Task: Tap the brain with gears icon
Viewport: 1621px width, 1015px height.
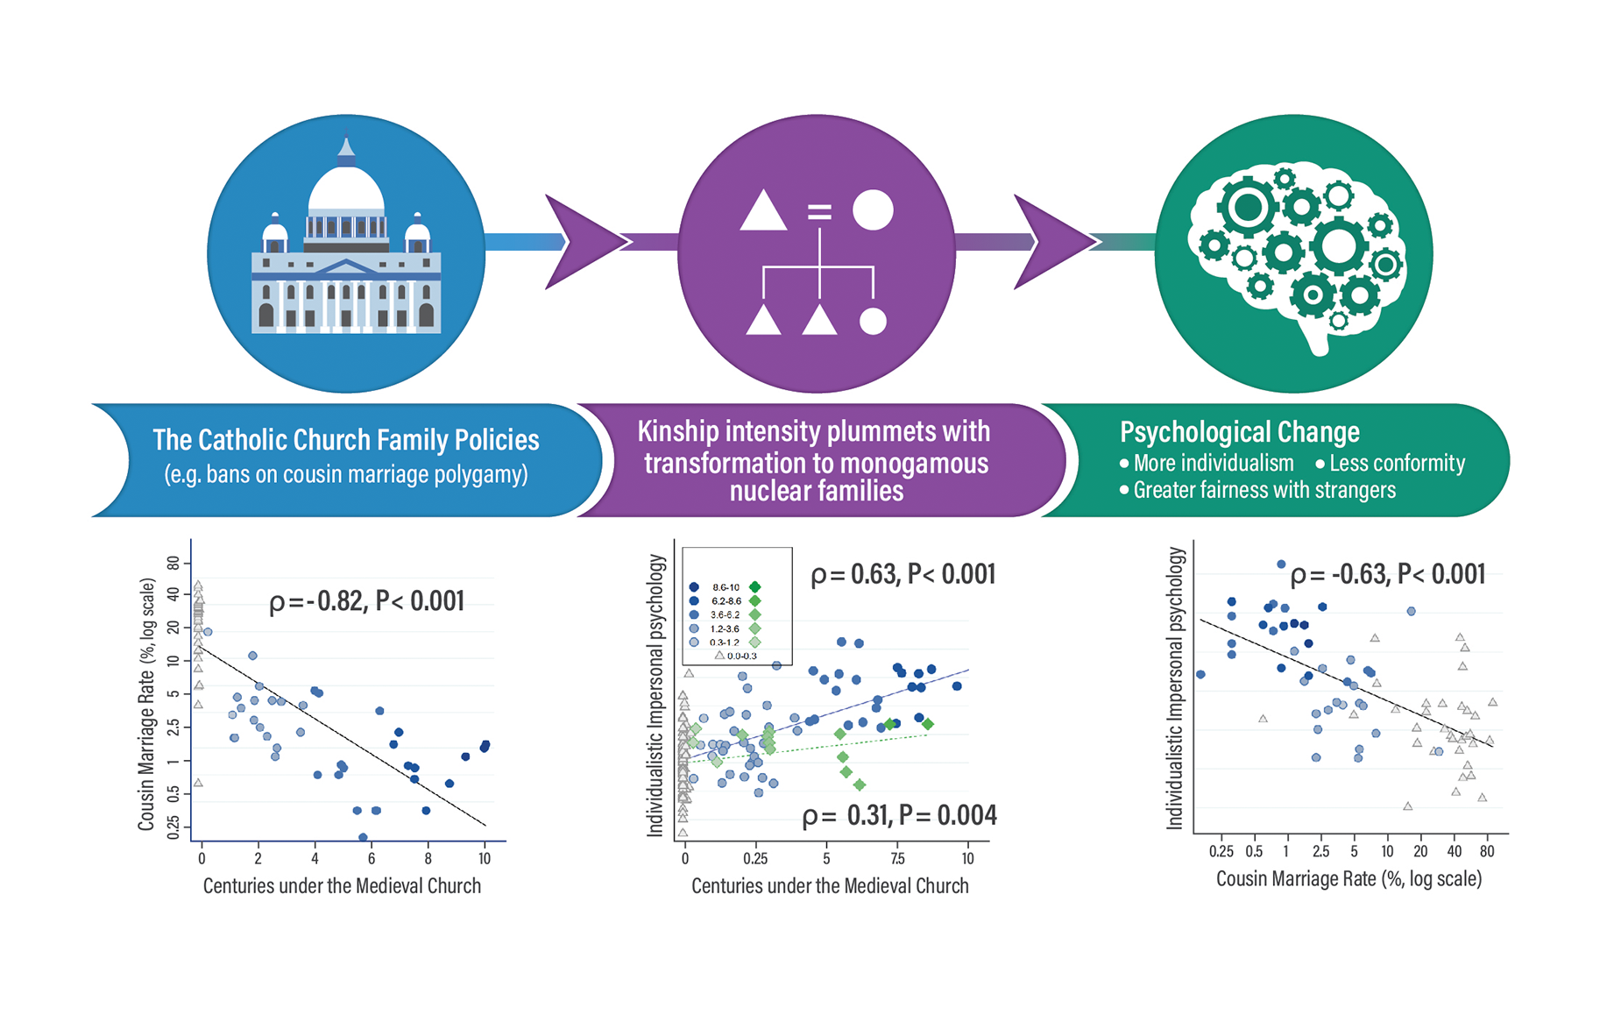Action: click(x=1296, y=253)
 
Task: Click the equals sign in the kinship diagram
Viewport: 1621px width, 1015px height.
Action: click(x=818, y=211)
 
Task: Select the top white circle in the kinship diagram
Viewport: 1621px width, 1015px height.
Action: click(x=873, y=210)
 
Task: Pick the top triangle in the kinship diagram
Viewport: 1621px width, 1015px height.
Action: click(x=762, y=211)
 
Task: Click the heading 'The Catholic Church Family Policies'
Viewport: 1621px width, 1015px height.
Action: click(x=346, y=439)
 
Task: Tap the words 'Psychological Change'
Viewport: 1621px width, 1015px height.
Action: click(x=1239, y=432)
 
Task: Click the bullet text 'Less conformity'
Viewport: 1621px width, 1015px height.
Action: click(x=1396, y=463)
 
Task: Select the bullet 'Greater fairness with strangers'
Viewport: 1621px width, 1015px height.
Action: click(x=1264, y=490)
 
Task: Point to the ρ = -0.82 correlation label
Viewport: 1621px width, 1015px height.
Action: click(x=366, y=601)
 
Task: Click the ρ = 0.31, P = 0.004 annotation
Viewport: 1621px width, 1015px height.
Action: click(x=899, y=816)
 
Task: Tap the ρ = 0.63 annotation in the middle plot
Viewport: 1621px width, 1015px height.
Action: click(x=903, y=575)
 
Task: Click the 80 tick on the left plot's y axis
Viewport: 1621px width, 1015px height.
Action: click(x=173, y=563)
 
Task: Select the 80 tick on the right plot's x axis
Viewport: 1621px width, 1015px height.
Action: click(x=1487, y=851)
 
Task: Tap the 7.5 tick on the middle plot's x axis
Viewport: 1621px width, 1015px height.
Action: click(x=897, y=859)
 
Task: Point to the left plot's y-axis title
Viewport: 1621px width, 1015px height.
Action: click(x=146, y=704)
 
